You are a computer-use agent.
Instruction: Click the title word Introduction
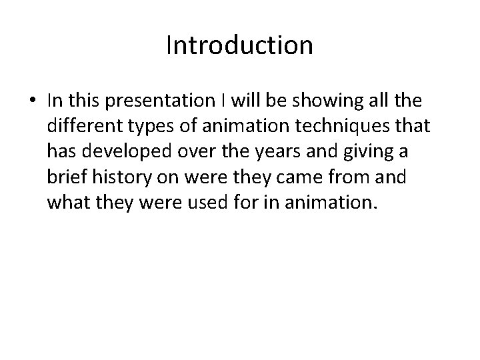pyautogui.click(x=239, y=45)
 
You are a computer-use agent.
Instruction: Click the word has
pyautogui.click(x=62, y=152)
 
